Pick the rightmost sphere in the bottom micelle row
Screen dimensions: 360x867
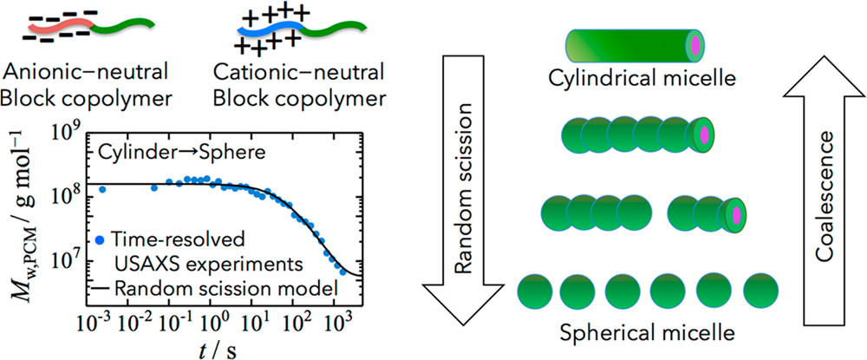point(765,292)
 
